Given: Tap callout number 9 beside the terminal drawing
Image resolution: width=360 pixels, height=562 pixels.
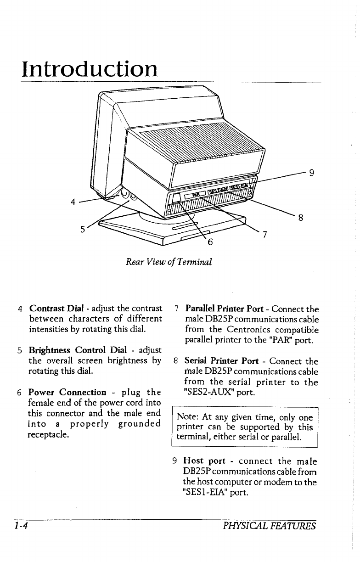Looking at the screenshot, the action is point(312,173).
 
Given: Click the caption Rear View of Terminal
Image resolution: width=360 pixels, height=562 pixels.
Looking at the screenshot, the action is point(169,262).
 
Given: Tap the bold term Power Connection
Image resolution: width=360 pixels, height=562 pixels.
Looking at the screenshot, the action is point(67,392).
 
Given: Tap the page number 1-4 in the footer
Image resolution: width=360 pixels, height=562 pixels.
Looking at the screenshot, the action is point(21,525).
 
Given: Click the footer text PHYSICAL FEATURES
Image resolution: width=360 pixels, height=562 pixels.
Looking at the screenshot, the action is point(268,525).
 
